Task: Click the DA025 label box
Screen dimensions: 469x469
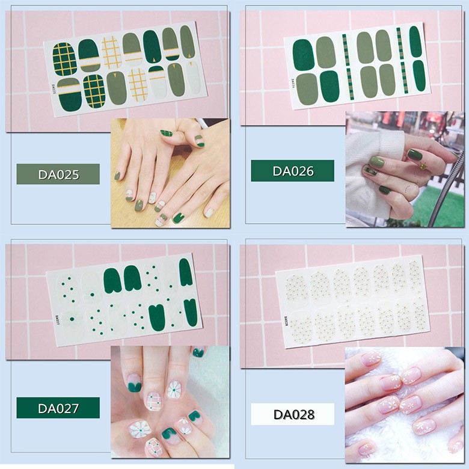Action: [58, 174]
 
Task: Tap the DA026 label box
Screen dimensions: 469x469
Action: [292, 171]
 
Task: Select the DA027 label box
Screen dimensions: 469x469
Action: [58, 408]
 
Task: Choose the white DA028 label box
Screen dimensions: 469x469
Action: [292, 414]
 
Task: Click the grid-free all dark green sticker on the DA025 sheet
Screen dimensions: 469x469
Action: [153, 47]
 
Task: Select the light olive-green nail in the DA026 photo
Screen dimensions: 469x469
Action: [378, 162]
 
